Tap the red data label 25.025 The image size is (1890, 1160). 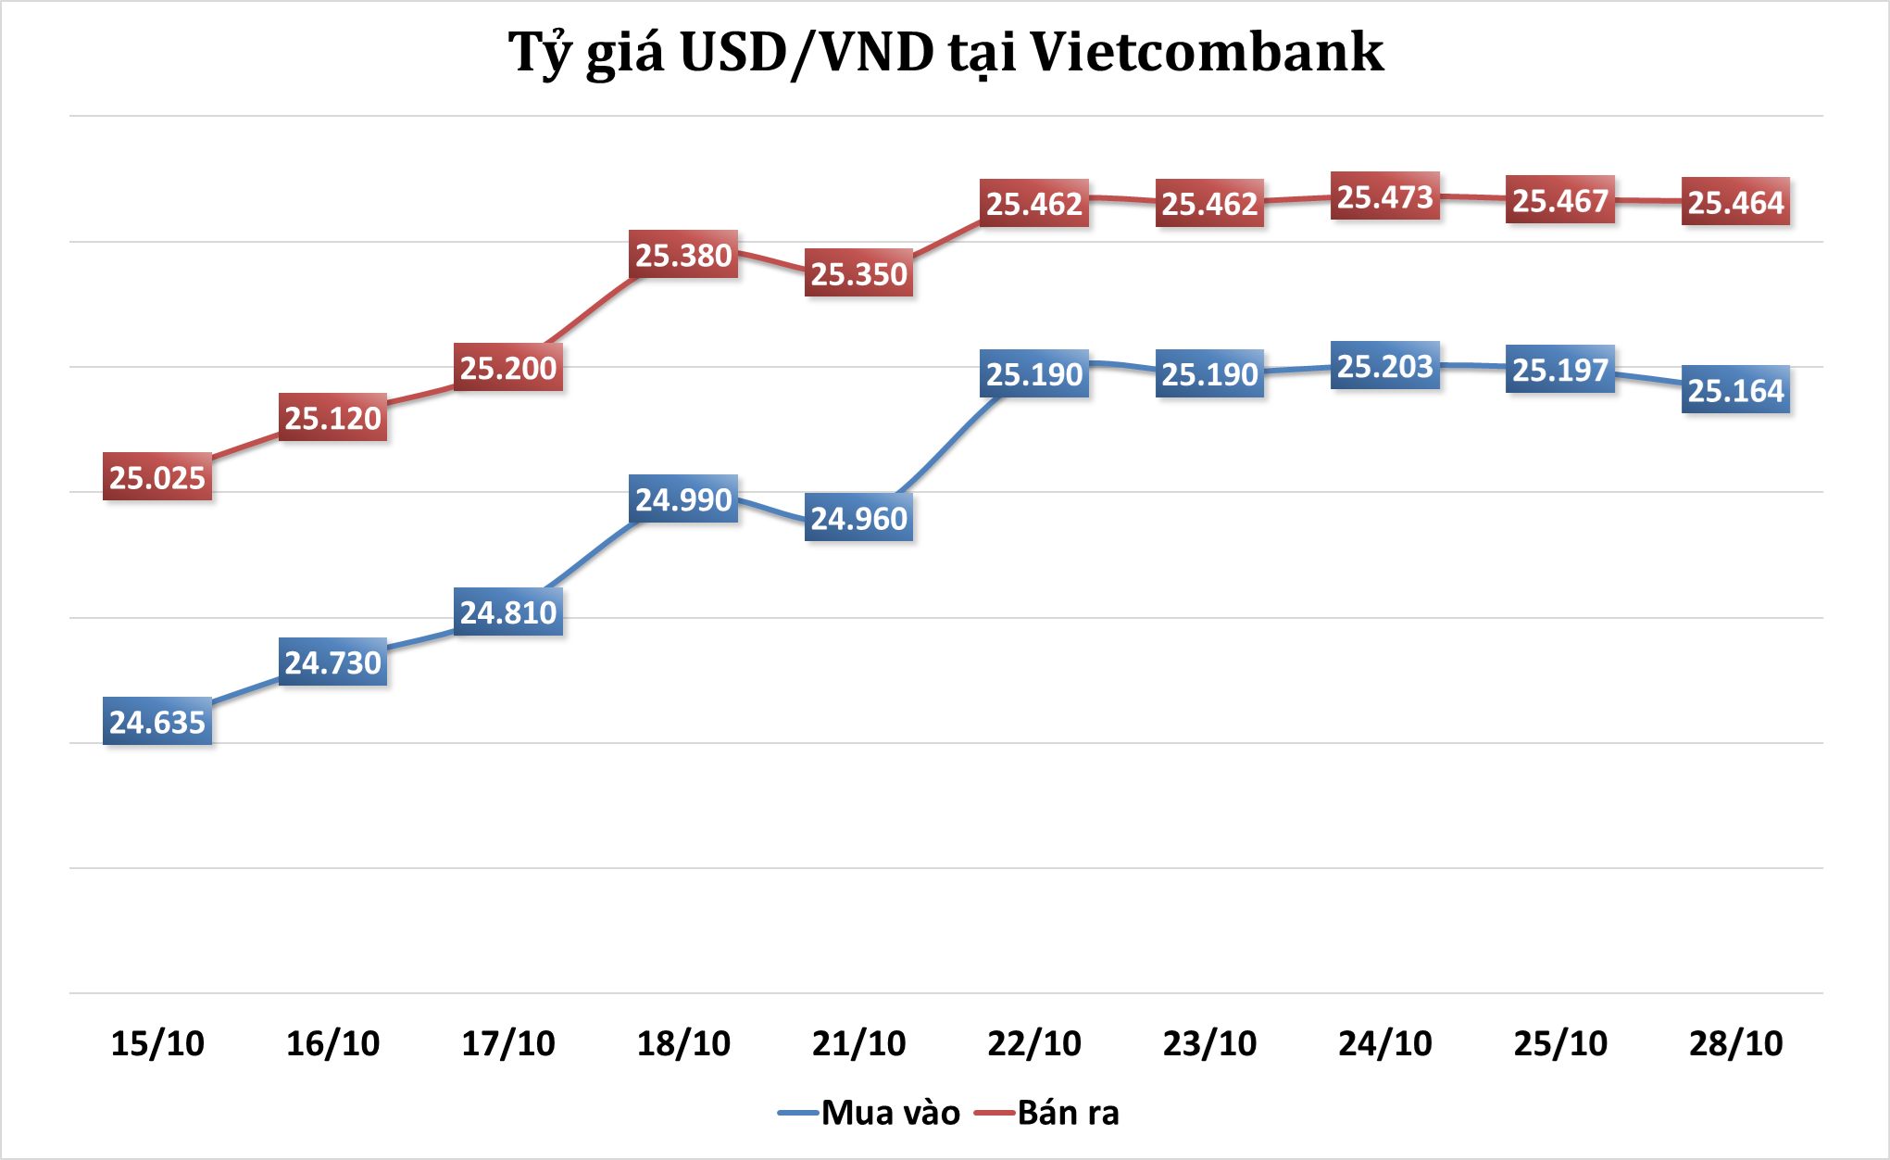157,477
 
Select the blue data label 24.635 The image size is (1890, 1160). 157,722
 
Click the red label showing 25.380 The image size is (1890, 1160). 683,255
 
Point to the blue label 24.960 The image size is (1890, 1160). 858,518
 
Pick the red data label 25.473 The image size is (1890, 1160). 1384,196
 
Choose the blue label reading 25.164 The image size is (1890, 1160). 1735,390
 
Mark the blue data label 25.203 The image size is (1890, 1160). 1384,366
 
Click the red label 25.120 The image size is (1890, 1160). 332,418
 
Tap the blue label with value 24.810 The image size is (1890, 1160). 508,612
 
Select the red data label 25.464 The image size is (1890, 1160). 1735,202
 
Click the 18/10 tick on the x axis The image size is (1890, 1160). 683,1043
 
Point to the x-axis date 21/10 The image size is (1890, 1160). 858,1043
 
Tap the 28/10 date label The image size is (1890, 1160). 1735,1043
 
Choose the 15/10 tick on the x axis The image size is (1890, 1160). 157,1043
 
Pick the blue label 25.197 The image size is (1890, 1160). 1560,370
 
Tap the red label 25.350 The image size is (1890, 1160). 858,274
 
